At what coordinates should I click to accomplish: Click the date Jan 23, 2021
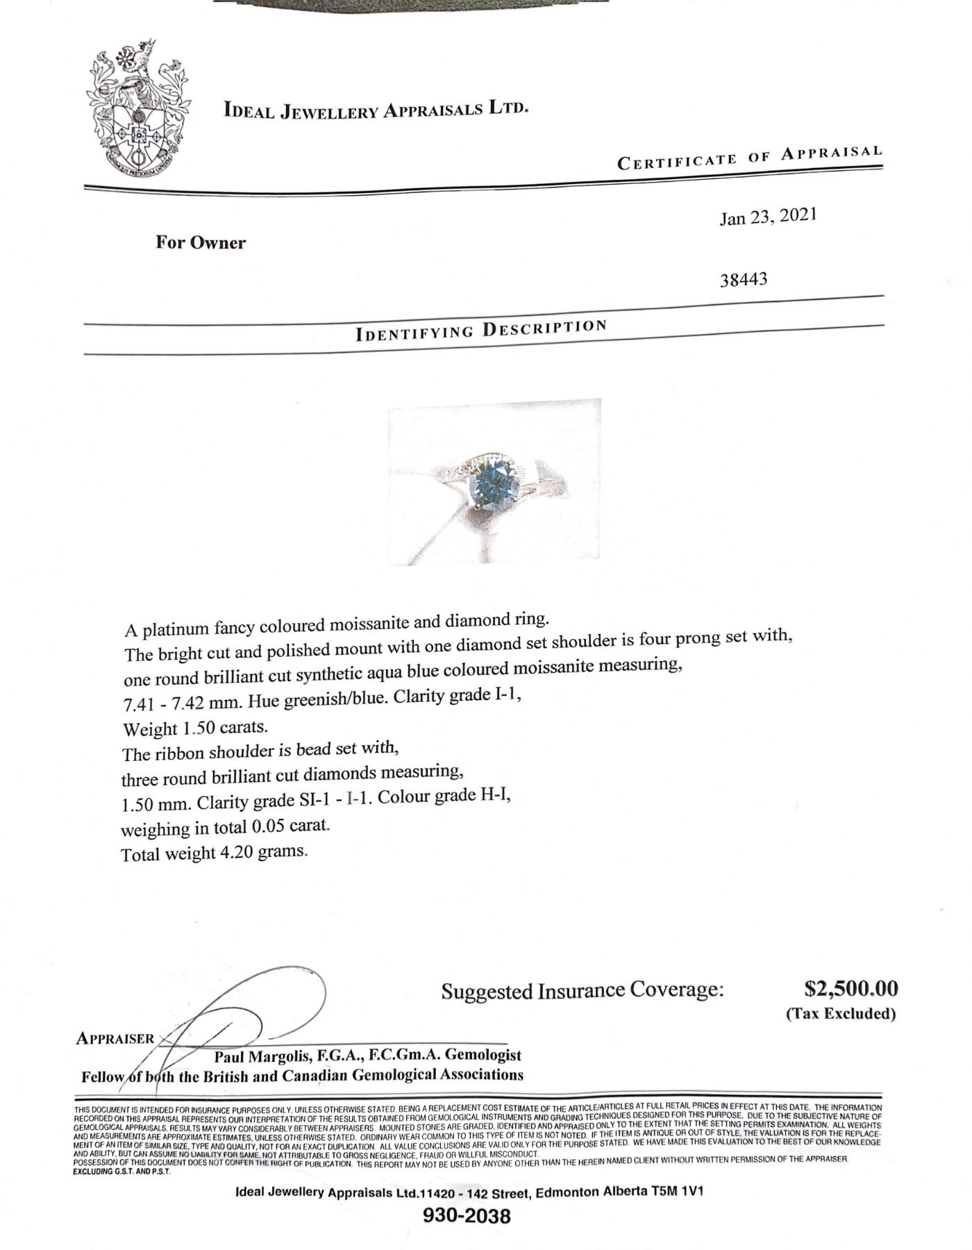(x=768, y=217)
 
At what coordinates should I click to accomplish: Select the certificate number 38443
(x=743, y=280)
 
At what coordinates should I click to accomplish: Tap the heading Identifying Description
(x=481, y=329)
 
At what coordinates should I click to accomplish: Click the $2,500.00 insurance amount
(x=850, y=988)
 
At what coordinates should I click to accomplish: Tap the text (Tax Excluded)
(x=841, y=1013)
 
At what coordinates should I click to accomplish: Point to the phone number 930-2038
(x=467, y=1216)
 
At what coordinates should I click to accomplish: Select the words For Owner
(x=200, y=242)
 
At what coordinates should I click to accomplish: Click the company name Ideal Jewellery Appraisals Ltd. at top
(x=376, y=110)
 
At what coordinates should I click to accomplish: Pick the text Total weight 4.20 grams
(x=214, y=853)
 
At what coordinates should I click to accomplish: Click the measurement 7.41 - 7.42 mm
(x=181, y=703)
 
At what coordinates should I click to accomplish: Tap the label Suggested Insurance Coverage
(x=582, y=990)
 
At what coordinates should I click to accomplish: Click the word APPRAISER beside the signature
(x=115, y=1039)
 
